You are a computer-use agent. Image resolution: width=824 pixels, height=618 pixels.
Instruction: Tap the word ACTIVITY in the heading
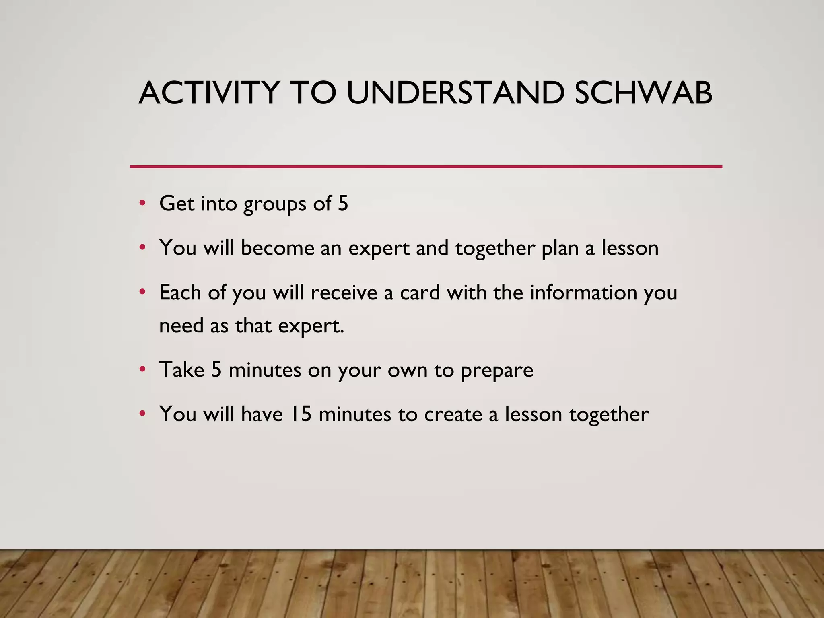(209, 93)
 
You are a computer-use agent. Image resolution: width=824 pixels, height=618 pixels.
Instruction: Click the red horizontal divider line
(426, 166)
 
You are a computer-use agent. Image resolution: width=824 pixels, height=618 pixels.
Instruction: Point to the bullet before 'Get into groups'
(142, 203)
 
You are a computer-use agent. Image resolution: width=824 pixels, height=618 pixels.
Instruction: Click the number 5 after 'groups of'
(343, 203)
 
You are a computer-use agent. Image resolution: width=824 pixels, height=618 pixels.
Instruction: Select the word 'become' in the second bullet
(278, 248)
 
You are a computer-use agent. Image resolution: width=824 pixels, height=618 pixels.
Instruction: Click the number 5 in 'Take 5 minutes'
(216, 369)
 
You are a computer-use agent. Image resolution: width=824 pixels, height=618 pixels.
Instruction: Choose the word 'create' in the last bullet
(453, 414)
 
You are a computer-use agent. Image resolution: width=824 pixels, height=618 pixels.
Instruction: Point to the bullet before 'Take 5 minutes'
(142, 369)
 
